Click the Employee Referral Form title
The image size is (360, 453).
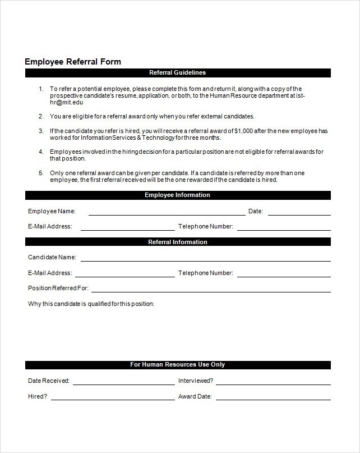[x=72, y=62]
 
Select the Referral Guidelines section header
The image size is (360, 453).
[x=177, y=73]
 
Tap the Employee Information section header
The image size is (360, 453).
[x=177, y=195]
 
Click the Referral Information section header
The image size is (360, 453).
[x=177, y=242]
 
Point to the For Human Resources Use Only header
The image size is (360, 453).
[x=177, y=365]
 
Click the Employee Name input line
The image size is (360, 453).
[x=167, y=213]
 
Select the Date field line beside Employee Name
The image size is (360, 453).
[x=299, y=213]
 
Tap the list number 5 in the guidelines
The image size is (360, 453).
[x=41, y=173]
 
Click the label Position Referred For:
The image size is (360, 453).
[x=58, y=289]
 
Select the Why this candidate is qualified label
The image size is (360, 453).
[x=91, y=304]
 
